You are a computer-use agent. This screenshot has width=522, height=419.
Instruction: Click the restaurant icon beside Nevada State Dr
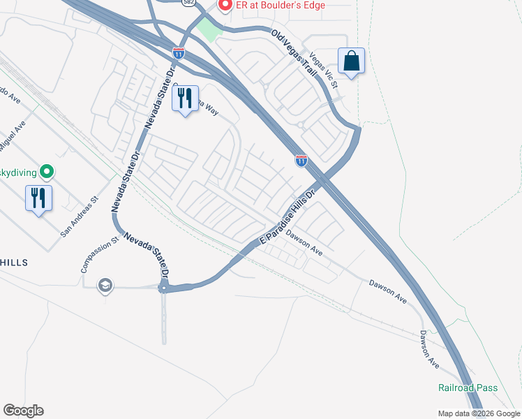(185, 98)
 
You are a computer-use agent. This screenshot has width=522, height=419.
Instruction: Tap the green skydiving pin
(47, 170)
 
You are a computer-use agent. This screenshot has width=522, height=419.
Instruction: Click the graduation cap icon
(105, 285)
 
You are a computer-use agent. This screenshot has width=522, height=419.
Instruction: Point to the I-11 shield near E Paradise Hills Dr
(301, 161)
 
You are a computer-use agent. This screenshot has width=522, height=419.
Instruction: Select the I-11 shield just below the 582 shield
(179, 52)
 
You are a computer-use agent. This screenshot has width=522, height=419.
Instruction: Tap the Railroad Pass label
(466, 388)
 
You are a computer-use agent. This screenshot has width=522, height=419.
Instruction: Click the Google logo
(23, 411)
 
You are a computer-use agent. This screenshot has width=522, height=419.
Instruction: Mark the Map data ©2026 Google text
(479, 413)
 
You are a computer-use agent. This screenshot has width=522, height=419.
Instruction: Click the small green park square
(208, 30)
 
